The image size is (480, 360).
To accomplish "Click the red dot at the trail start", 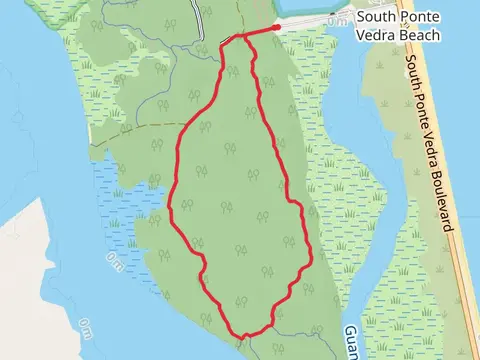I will (x=277, y=29).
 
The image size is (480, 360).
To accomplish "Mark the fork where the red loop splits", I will (x=242, y=39).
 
